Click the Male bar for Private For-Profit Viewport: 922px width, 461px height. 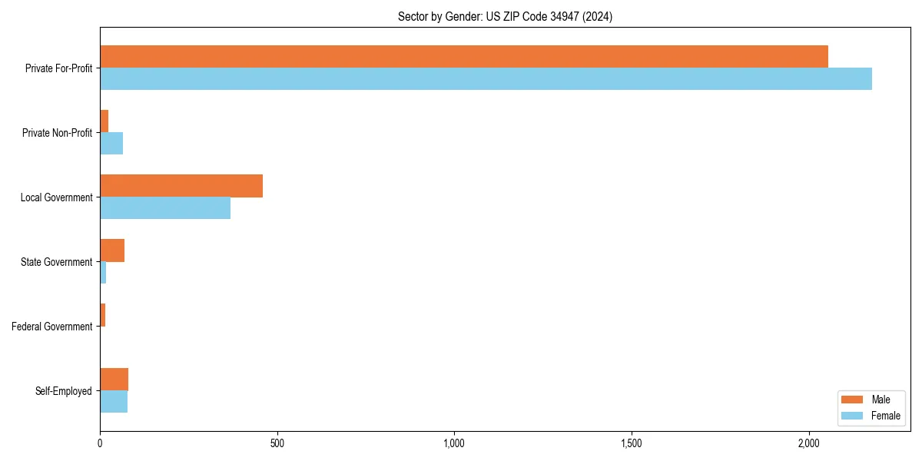464,57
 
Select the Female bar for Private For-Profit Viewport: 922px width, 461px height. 486,78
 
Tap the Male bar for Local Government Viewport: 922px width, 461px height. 181,186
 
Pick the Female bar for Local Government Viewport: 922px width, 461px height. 165,207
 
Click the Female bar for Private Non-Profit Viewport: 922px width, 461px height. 111,143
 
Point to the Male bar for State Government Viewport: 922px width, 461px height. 112,250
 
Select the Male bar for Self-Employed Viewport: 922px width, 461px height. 114,380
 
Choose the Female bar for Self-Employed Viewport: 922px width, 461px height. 114,401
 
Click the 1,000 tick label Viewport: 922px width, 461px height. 454,443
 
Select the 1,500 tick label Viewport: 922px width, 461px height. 632,443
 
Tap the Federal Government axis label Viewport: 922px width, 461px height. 52,327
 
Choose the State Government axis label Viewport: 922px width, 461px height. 57,262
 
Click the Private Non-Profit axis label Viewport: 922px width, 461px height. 57,133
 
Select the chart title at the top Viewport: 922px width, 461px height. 505,16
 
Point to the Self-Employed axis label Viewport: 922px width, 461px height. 64,391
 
